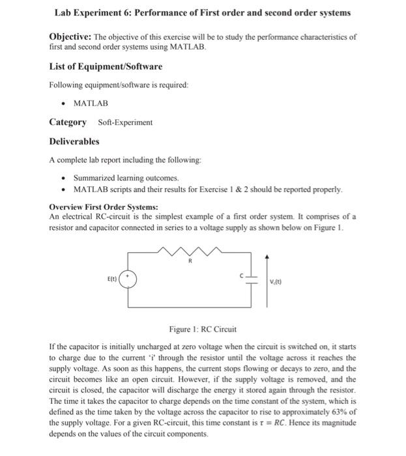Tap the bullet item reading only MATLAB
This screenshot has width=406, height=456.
coord(91,104)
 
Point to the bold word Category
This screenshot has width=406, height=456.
coord(68,122)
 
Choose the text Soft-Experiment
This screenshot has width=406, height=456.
coord(125,122)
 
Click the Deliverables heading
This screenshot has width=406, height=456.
coord(74,141)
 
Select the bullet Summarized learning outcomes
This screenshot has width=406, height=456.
coord(126,178)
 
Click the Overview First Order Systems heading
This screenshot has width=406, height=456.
coord(104,207)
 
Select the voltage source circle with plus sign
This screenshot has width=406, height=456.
coord(128,280)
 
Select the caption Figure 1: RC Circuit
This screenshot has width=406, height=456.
coord(202,330)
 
